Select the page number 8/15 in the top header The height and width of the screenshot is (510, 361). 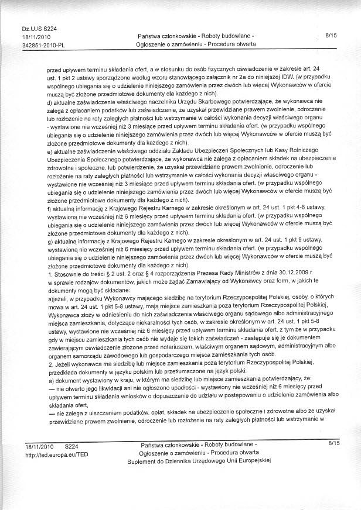tap(331, 36)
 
